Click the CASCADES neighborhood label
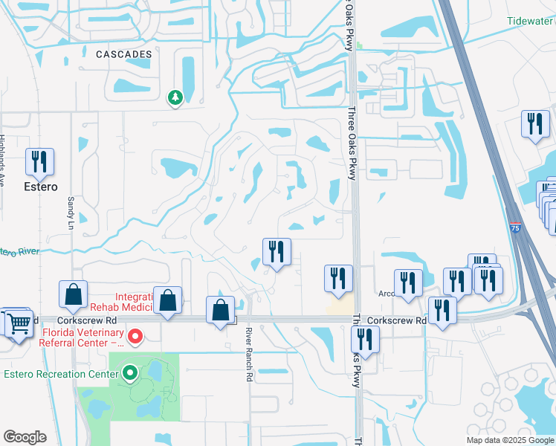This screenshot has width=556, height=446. point(123,54)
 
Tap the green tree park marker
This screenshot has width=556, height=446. point(175,97)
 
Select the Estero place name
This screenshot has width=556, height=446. point(39,187)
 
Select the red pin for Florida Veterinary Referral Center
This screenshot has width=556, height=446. point(135,337)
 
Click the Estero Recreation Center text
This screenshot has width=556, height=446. point(61,373)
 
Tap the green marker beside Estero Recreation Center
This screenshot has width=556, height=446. point(130,372)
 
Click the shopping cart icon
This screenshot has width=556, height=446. point(21,322)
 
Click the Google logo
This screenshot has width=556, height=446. point(25,437)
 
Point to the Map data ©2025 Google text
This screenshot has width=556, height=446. point(510,440)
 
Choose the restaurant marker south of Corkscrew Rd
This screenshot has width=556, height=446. point(366,340)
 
